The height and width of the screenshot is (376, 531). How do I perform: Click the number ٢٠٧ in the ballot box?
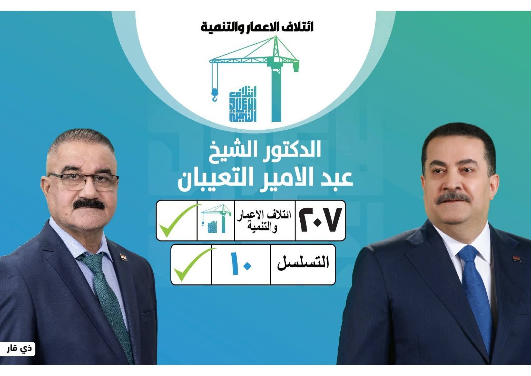click(x=321, y=220)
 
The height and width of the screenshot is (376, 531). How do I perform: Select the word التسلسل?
click(x=303, y=263)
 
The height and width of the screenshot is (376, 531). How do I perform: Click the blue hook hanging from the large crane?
click(x=214, y=94)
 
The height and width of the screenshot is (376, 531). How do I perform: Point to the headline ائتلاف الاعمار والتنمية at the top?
click(x=257, y=26)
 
